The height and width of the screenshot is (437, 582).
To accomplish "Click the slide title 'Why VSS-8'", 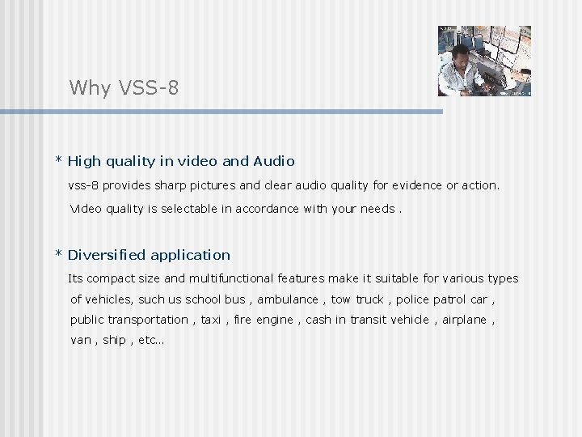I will [x=124, y=87].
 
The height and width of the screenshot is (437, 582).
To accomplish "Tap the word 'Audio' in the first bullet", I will [x=273, y=161].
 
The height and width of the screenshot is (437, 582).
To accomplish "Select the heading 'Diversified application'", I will [x=149, y=255].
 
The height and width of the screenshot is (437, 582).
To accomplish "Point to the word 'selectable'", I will [x=188, y=209].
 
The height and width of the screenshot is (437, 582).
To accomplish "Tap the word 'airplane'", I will [x=464, y=320].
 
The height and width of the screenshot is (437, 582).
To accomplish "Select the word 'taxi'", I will [x=210, y=320].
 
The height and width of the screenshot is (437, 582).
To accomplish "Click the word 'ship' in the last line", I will [x=114, y=340].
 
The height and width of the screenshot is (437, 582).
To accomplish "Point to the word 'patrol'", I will [x=450, y=299].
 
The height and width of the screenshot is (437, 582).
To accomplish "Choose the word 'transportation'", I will [x=148, y=320].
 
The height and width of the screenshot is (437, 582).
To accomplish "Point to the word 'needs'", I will [x=377, y=209].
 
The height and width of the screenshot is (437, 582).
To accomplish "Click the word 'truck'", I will [x=369, y=299].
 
